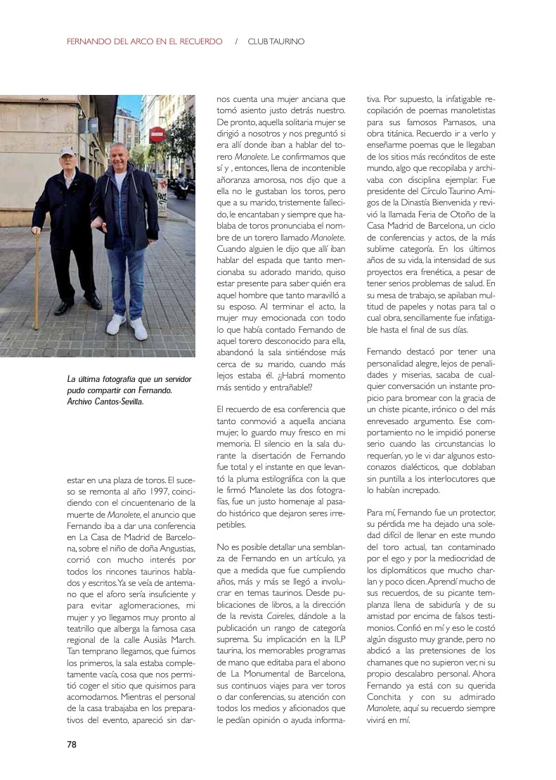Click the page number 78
pyautogui.click(x=72, y=744)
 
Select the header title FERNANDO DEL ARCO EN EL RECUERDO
pyautogui.click(x=144, y=41)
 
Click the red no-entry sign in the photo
pyautogui.click(x=156, y=134)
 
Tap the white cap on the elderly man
pyautogui.click(x=67, y=151)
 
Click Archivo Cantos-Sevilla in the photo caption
pyautogui.click(x=105, y=401)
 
